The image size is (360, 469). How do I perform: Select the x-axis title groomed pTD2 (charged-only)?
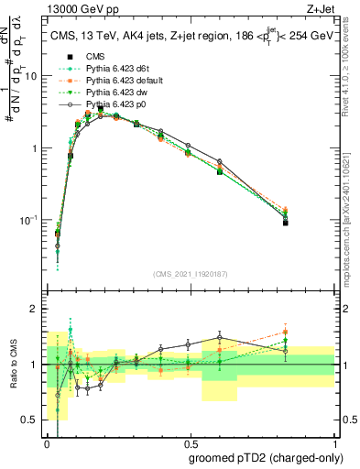[267, 458]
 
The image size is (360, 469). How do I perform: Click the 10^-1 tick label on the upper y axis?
[30, 221]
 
